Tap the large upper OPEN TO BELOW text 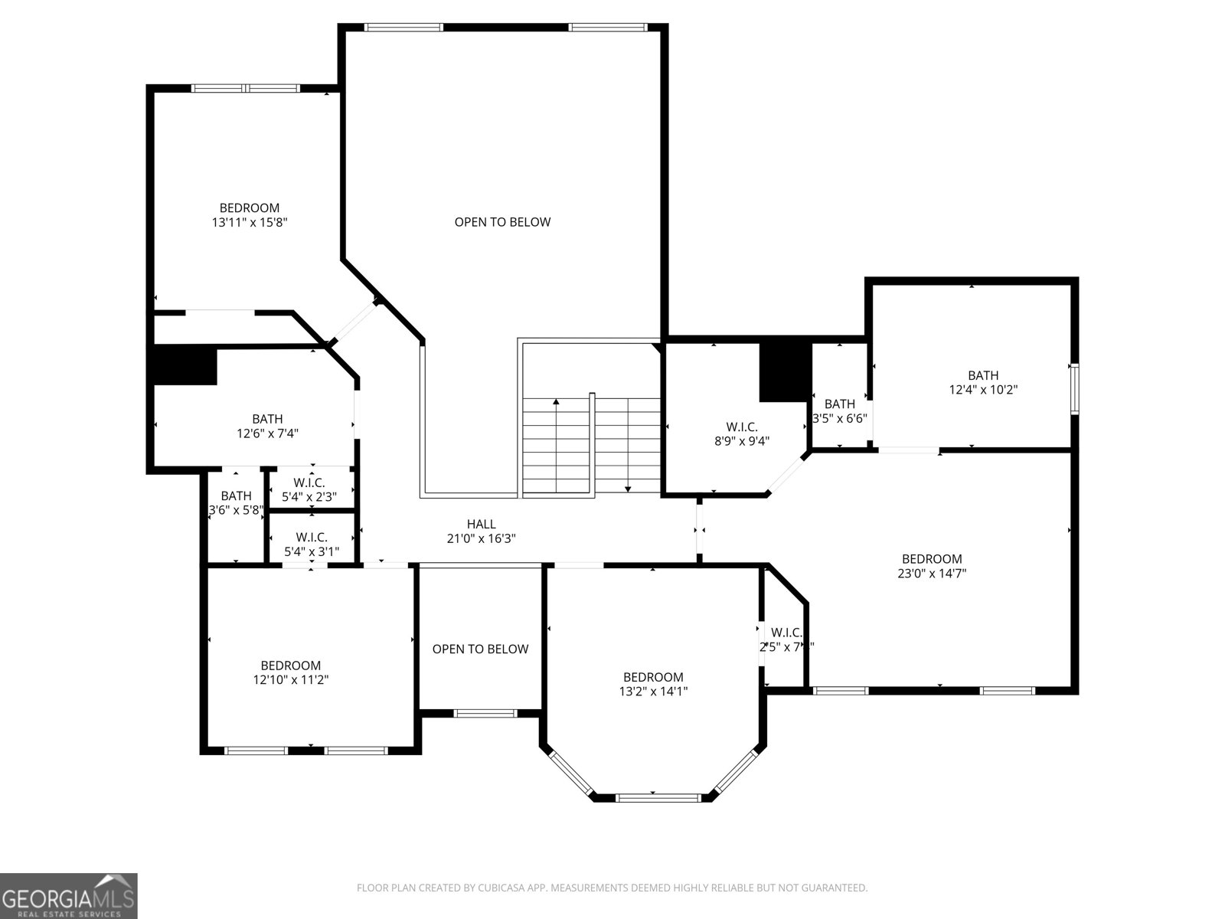click(502, 222)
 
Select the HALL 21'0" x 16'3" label click(481, 531)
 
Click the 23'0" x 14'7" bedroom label click(931, 566)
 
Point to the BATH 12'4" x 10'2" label click(982, 382)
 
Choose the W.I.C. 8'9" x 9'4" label click(741, 433)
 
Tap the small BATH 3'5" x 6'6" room click(839, 411)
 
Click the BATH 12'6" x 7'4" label click(267, 426)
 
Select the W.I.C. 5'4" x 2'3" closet click(309, 489)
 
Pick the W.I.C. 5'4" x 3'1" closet click(311, 544)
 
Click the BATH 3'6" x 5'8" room click(236, 502)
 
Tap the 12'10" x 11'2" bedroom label click(290, 672)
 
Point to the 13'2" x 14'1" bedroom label click(653, 684)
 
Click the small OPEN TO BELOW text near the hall click(480, 649)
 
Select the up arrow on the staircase click(556, 401)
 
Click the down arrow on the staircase click(628, 488)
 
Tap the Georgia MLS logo click(69, 895)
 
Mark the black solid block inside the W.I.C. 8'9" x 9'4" click(784, 371)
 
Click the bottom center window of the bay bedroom click(658, 798)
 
